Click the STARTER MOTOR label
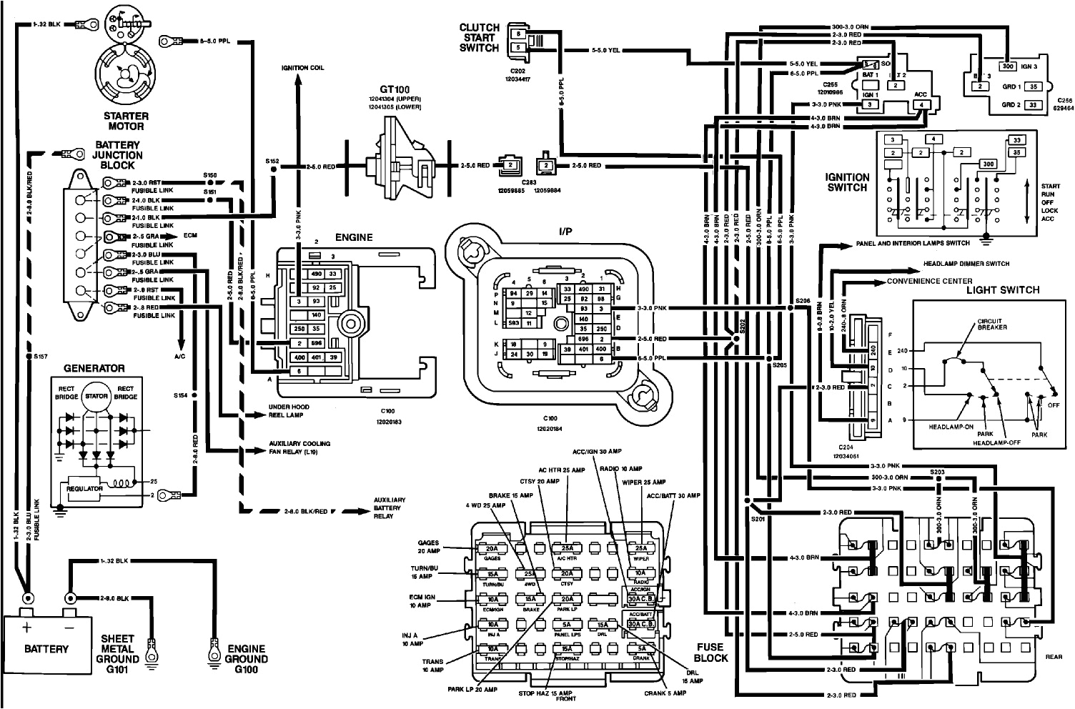[126, 121]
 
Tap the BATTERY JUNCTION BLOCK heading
[119, 154]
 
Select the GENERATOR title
[94, 368]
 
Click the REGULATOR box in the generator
[86, 488]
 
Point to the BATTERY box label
[46, 649]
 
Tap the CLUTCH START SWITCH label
[479, 38]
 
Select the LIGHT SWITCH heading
[1002, 289]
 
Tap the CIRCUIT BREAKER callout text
[992, 326]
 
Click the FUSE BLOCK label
[711, 653]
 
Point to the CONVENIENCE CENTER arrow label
[922, 281]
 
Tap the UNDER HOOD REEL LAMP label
[289, 410]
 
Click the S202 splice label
[743, 326]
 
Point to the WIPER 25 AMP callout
[645, 482]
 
